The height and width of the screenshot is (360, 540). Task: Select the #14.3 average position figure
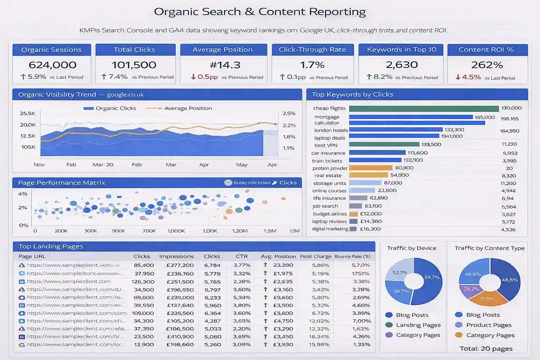[222, 65]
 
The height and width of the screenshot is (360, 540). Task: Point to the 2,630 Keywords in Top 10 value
[401, 65]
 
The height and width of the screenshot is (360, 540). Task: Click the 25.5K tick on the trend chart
[28, 113]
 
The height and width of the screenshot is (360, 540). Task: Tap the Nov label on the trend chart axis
[39, 165]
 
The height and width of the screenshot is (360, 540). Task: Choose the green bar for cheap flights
[424, 108]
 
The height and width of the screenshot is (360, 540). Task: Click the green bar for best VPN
[384, 144]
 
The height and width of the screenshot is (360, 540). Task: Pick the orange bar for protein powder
[371, 168]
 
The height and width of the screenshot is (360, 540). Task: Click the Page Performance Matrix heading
[61, 183]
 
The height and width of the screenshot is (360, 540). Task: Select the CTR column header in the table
[241, 256]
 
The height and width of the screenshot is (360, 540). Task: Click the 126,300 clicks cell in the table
[143, 282]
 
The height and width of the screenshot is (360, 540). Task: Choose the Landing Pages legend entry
[418, 325]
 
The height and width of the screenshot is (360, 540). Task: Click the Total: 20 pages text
[486, 348]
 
